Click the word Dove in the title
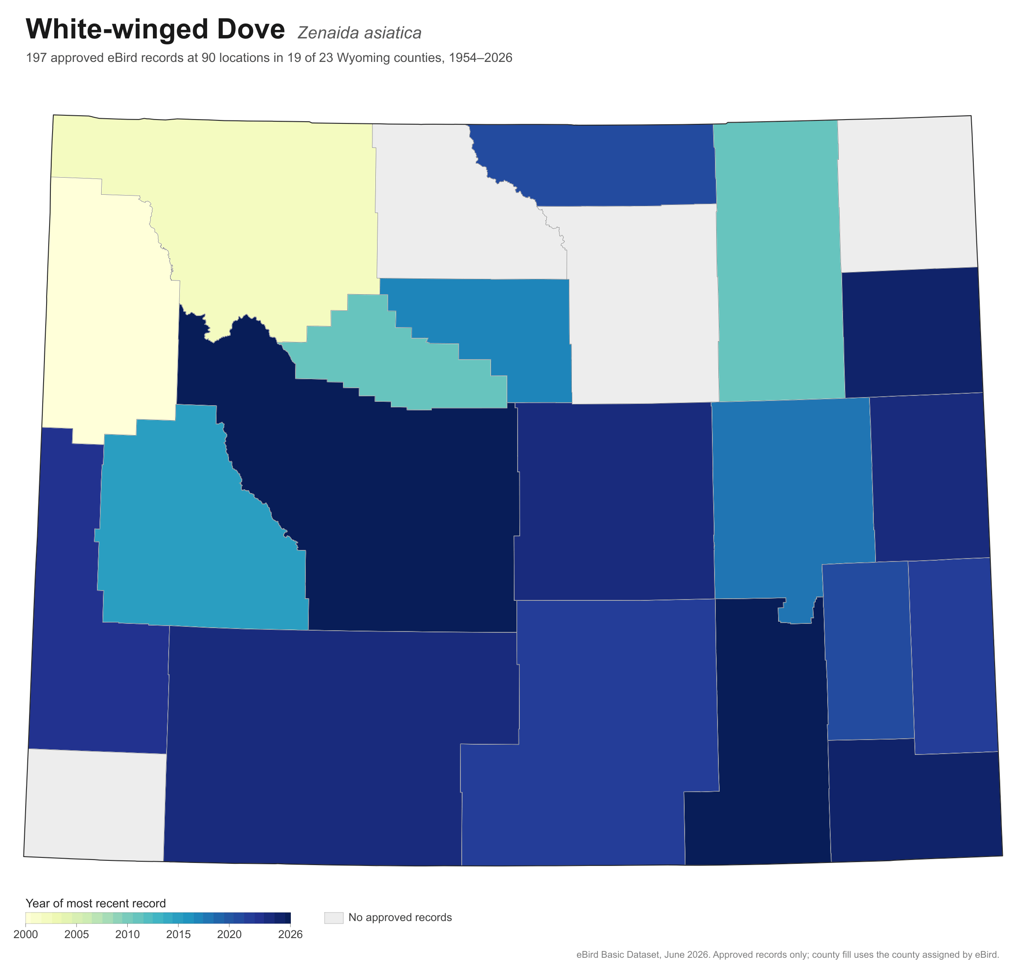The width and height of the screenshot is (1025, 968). click(x=250, y=29)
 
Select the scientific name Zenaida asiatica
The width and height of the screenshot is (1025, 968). click(x=359, y=32)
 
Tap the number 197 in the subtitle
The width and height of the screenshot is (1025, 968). click(x=36, y=58)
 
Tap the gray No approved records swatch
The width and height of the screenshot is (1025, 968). click(x=334, y=918)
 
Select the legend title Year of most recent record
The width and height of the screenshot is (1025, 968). click(x=96, y=903)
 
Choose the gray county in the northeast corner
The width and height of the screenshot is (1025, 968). click(x=906, y=193)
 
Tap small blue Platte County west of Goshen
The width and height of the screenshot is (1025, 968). click(x=867, y=650)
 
